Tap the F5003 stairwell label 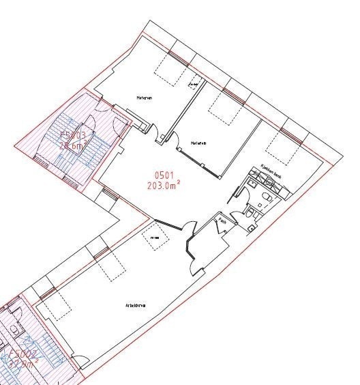coord(72,136)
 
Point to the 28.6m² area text coord(72,145)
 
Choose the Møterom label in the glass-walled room coord(199,143)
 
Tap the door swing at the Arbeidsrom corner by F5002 coord(80,362)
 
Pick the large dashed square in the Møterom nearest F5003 coord(170,66)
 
